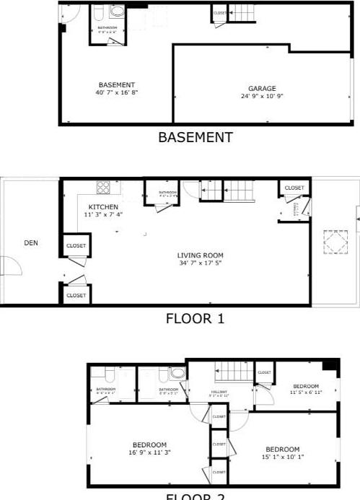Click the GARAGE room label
coord(263,88)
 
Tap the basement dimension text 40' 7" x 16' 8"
coord(116,93)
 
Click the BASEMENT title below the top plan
coord(196,136)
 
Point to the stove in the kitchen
coord(103,188)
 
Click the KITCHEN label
coord(103,206)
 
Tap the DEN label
coord(31,243)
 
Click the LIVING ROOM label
coord(201,255)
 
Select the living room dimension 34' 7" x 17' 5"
coord(201,263)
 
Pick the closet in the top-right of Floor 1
coord(294,188)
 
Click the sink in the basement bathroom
coord(118,12)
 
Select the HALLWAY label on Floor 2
coord(219,392)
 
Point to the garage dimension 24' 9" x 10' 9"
coord(263,96)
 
